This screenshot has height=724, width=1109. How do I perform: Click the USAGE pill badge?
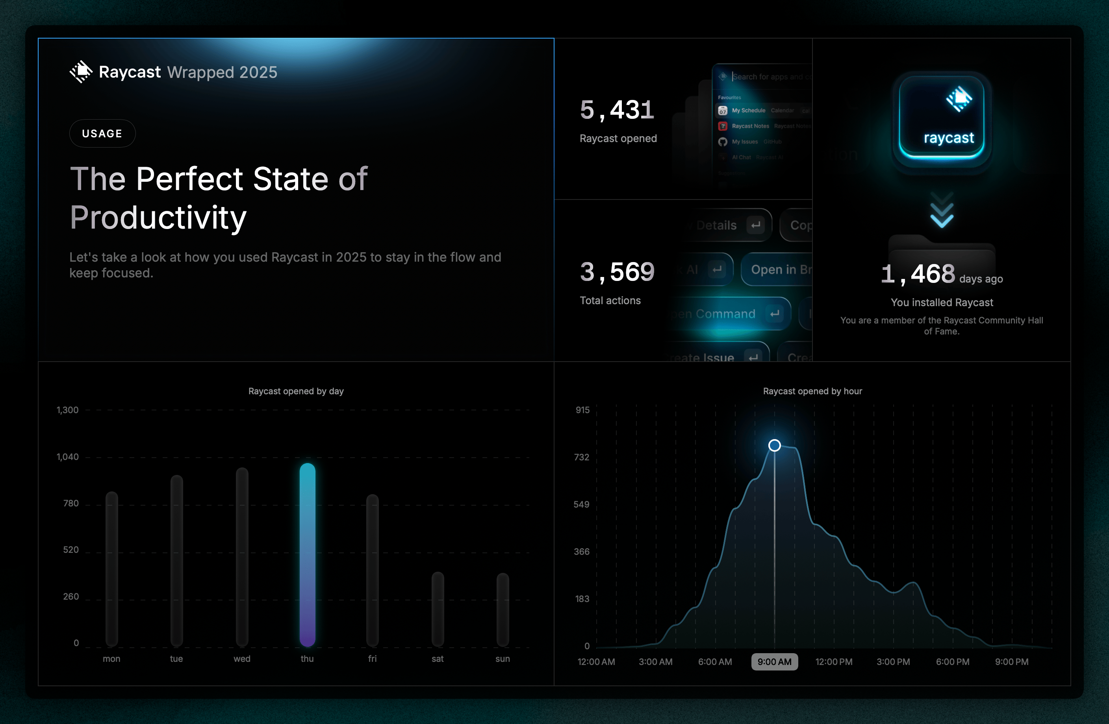102,134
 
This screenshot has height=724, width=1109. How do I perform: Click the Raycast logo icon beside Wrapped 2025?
81,72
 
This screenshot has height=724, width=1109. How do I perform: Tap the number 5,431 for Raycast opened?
617,110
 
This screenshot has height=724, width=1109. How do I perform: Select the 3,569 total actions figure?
617,272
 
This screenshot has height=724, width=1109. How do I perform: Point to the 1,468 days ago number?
917,274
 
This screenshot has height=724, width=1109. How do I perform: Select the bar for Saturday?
438,609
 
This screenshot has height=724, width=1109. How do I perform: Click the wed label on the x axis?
242,658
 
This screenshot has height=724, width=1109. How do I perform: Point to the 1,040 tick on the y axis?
68,457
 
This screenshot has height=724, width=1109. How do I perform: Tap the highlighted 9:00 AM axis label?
774,661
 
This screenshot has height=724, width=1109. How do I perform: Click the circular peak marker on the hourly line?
774,445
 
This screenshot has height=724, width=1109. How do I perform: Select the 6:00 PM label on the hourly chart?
952,661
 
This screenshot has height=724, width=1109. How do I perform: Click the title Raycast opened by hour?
812,391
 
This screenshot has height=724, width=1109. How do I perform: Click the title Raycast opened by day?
296,391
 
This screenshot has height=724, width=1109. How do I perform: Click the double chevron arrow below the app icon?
942,211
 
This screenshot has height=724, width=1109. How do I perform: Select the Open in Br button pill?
778,270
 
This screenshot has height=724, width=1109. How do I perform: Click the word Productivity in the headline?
158,218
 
